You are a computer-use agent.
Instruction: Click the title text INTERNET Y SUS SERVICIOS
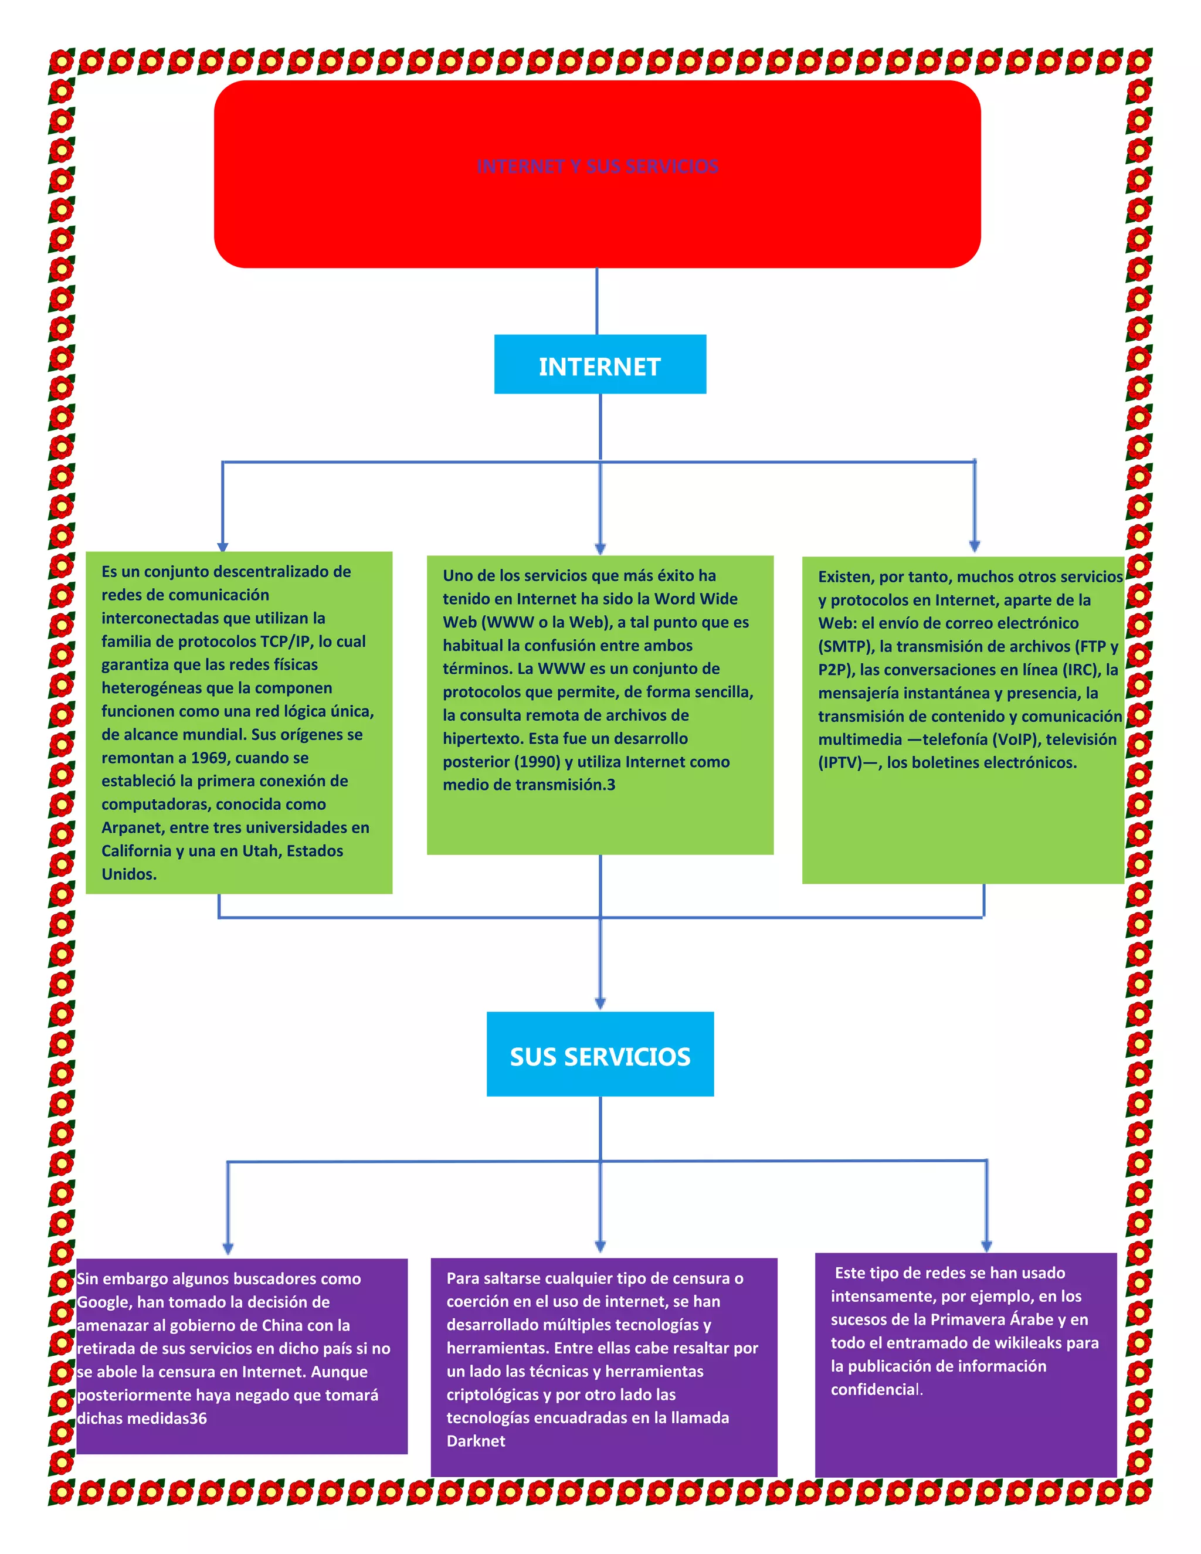tap(597, 167)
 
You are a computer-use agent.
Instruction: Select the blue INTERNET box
tap(600, 364)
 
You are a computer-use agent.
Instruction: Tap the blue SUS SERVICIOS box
tap(600, 1055)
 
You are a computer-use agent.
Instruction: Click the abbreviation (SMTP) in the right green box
tap(845, 647)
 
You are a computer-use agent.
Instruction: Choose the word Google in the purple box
tap(103, 1302)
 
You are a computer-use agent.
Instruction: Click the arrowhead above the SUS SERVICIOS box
tap(600, 1003)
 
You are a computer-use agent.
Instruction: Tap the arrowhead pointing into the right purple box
tap(986, 1246)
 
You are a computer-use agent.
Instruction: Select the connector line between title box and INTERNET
tap(596, 301)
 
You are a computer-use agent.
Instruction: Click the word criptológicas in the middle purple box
tap(493, 1394)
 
